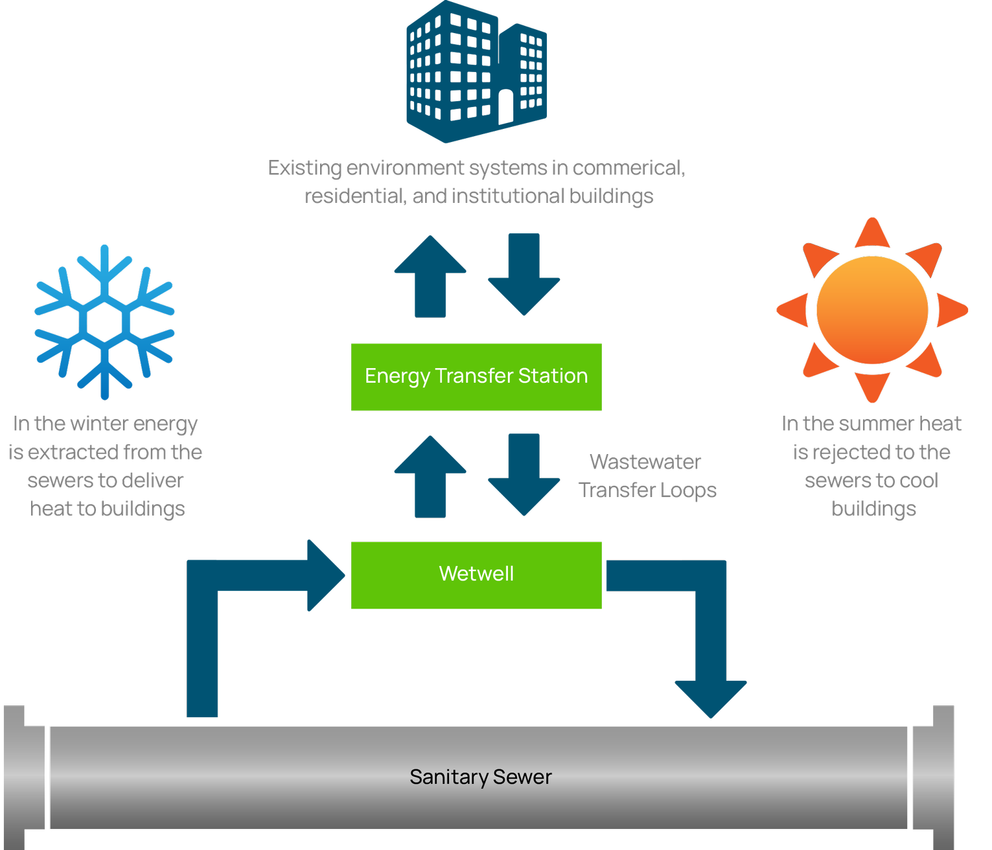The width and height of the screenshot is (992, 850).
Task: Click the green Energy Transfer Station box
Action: (x=476, y=376)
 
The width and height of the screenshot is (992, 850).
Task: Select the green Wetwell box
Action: (x=476, y=574)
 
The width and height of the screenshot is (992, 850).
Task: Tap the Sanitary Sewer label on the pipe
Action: (x=480, y=777)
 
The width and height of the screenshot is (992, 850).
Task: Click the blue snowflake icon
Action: (x=104, y=322)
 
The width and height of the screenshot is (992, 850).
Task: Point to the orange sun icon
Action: (x=872, y=309)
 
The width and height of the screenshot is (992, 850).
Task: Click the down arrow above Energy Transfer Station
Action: (x=524, y=274)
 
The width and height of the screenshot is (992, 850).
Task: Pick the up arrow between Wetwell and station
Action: (x=431, y=477)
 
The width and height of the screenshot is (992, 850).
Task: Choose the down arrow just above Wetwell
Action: (x=524, y=475)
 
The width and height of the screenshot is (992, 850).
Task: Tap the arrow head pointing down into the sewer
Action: (x=711, y=698)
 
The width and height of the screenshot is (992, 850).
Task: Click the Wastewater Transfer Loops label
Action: (x=647, y=476)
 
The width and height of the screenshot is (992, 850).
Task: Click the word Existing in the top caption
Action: (x=305, y=168)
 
